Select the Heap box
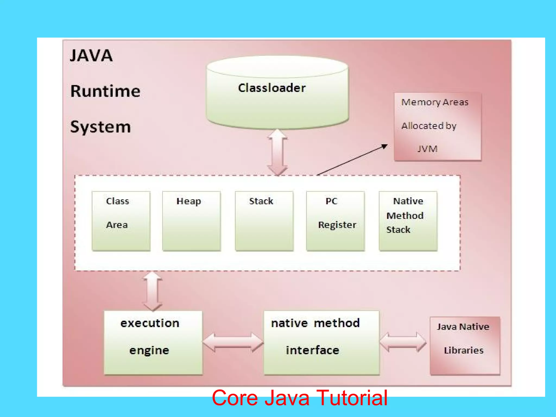191,221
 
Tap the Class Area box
121,221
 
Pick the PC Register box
335,221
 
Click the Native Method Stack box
408,221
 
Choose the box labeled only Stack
264,221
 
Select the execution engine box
153,342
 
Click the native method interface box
321,342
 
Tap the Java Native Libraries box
465,345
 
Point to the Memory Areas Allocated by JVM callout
437,127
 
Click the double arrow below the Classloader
277,152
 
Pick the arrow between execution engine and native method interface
233,343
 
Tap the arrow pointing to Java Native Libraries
403,342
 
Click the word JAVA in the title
91,56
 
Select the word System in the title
100,127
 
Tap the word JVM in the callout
427,149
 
